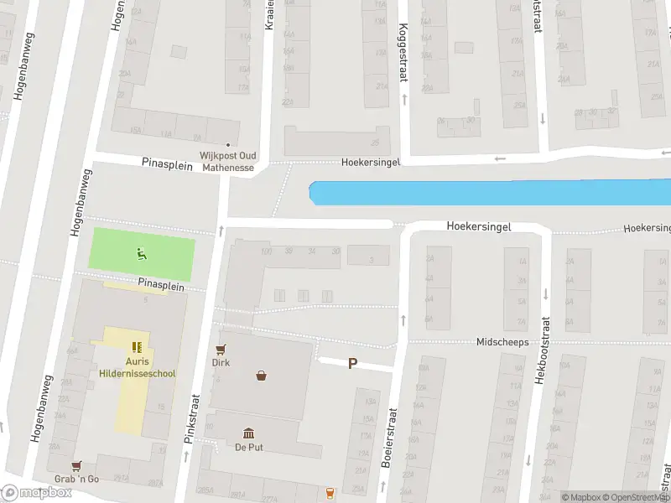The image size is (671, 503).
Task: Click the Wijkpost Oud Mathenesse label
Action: tap(227, 161)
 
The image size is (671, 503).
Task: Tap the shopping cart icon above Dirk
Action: tap(221, 350)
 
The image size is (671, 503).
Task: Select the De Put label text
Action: tap(249, 447)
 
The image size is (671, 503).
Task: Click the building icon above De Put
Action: tap(249, 433)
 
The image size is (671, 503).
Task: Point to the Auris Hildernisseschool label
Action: tap(137, 367)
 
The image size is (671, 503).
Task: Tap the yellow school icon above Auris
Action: tap(137, 346)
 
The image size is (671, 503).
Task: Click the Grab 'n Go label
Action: tap(77, 479)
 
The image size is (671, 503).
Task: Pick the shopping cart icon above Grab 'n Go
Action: tap(77, 465)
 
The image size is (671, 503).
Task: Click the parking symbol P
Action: tap(353, 364)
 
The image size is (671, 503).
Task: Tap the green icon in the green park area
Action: tap(141, 252)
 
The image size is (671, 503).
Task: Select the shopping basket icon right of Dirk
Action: tap(262, 376)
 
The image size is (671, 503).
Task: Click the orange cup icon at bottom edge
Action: tap(330, 492)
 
